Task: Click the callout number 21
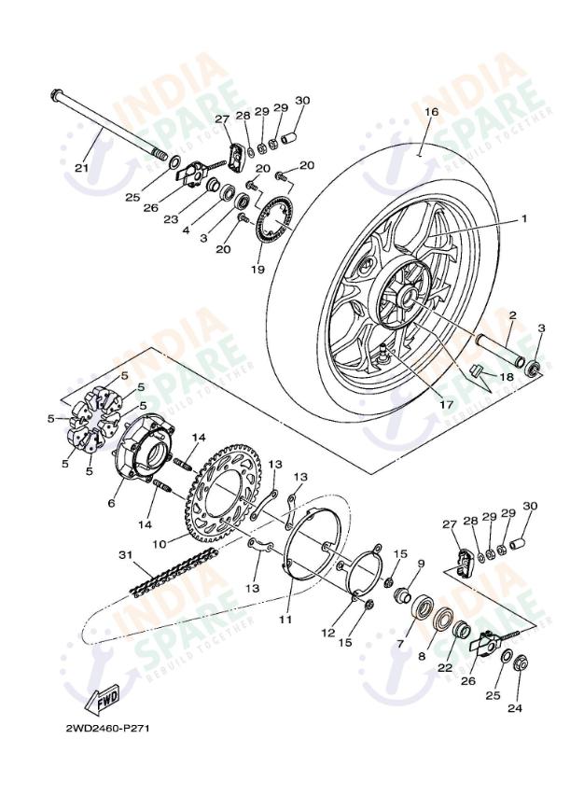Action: pyautogui.click(x=80, y=167)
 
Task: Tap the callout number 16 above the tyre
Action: pyautogui.click(x=430, y=111)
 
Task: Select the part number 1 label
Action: pyautogui.click(x=523, y=218)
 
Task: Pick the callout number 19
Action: pyautogui.click(x=257, y=270)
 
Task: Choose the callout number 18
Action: pyautogui.click(x=507, y=376)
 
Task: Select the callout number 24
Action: pyautogui.click(x=515, y=707)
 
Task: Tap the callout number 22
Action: pyautogui.click(x=445, y=668)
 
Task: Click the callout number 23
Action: pyautogui.click(x=171, y=220)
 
